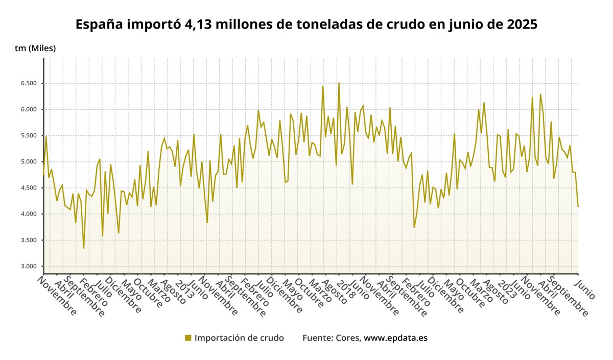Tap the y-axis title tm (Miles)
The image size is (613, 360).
pyautogui.click(x=35, y=49)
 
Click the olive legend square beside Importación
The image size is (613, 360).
pyautogui.click(x=188, y=338)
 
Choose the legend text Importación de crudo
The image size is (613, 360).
pyautogui.click(x=239, y=338)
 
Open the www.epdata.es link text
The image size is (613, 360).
pyautogui.click(x=395, y=338)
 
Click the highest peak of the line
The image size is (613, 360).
pyautogui.click(x=339, y=83)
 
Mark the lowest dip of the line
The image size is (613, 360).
pyautogui.click(x=84, y=248)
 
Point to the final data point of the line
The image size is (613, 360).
pyautogui.click(x=578, y=206)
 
